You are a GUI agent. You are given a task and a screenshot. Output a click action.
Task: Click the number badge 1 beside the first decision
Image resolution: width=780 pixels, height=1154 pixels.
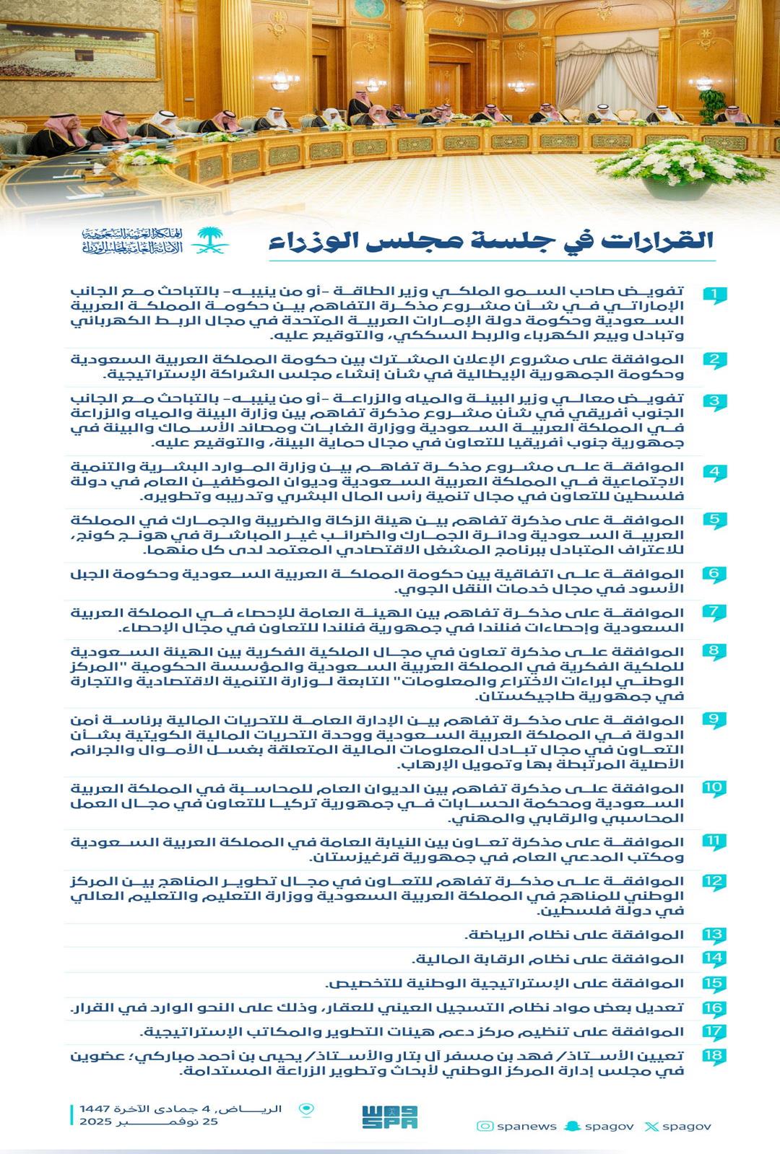pos(714,294)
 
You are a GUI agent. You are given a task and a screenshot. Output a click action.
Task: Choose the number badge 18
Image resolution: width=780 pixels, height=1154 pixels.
pos(714,1056)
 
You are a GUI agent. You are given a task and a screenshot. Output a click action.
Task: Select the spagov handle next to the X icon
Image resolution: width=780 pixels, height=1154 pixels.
pos(687,1126)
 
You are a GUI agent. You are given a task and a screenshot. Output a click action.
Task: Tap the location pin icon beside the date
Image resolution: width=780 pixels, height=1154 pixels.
pos(307,1111)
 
